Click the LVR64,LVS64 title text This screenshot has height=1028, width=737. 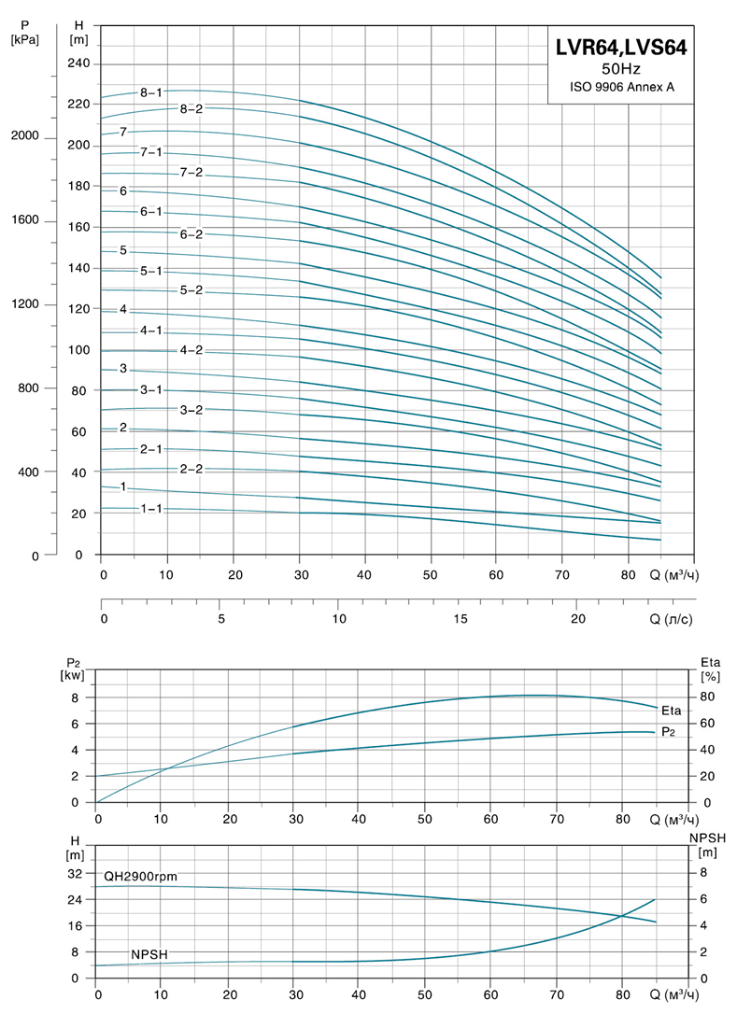point(620,49)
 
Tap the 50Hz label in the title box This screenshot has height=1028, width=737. point(620,69)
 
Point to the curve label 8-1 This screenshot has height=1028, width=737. point(151,92)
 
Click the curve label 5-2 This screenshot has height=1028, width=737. point(191,290)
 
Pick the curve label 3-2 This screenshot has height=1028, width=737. point(191,410)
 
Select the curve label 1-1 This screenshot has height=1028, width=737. point(151,509)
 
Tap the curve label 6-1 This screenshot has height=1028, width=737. point(151,212)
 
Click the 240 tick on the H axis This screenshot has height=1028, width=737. point(78,63)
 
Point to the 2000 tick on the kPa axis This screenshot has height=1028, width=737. point(24,136)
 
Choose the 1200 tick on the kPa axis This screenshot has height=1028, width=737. point(24,304)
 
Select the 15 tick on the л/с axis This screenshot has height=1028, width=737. point(461,619)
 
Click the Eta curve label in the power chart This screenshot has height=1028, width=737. point(671,711)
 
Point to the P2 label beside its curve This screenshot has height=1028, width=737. point(668,733)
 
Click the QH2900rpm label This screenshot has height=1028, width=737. point(140,876)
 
